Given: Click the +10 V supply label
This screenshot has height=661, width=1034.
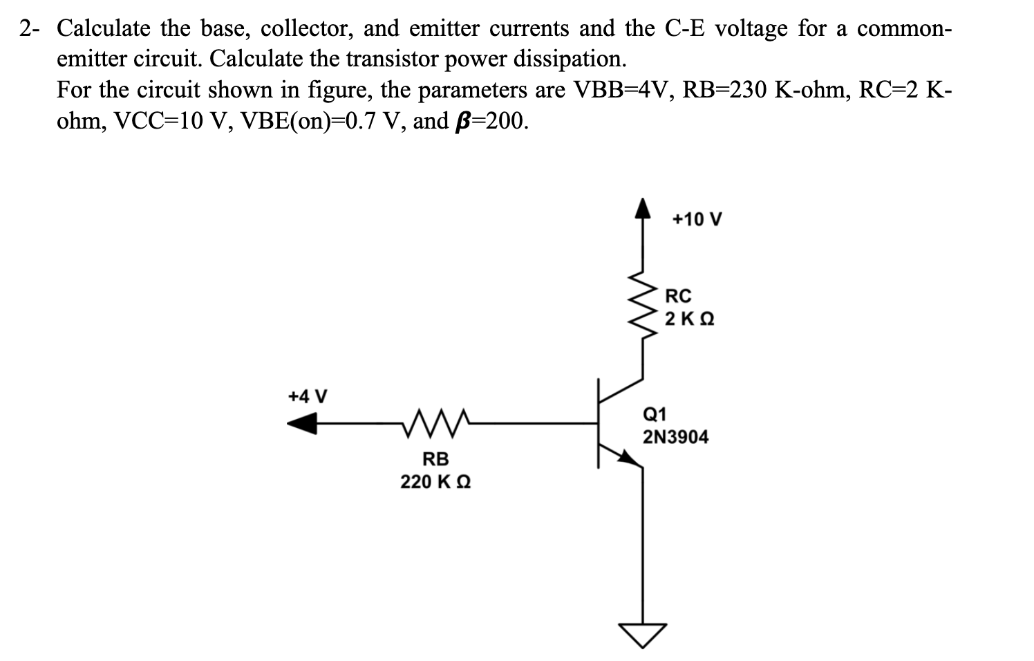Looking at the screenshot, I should coord(697,220).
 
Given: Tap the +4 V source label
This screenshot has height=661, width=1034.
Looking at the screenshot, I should coord(308,397).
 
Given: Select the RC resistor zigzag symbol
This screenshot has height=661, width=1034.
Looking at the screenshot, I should coord(643,304).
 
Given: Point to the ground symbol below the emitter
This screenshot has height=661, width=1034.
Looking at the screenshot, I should coord(643,633).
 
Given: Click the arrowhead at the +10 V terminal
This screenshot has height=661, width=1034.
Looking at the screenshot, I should coord(643,207).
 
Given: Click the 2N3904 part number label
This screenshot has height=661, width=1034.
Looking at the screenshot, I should coord(675,438).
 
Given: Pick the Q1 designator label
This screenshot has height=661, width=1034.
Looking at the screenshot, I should coord(655,415).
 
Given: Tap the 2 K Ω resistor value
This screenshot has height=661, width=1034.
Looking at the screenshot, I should coord(689,319).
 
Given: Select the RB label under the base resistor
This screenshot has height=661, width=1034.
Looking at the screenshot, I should coord(435,459).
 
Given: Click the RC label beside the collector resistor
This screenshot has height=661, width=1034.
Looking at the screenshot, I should coord(678,297).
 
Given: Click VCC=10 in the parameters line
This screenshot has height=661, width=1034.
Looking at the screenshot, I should coord(159,122).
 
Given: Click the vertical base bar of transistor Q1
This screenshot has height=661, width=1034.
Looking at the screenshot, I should coord(599,422).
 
